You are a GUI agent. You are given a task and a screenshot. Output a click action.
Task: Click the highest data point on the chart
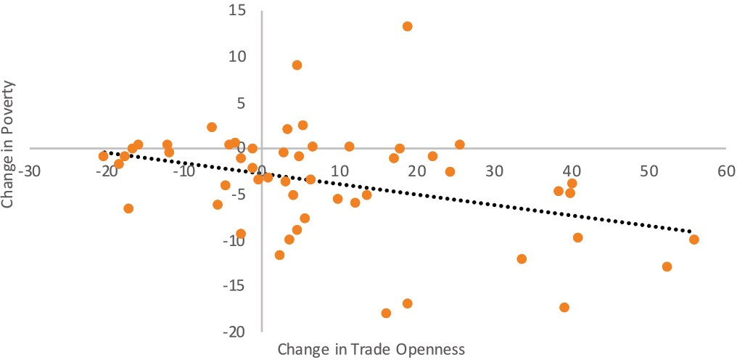pos(407,26)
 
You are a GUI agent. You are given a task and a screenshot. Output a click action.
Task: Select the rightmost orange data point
pos(693,240)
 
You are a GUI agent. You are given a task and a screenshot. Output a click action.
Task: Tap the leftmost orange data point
pos(104,156)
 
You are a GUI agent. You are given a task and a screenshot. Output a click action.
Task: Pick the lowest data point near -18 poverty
pos(386,313)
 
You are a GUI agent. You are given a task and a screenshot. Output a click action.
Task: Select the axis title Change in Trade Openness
pos(370,348)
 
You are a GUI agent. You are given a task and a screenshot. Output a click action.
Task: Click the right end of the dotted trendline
pos(691,232)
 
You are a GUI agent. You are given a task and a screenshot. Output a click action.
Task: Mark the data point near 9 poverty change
pos(297,65)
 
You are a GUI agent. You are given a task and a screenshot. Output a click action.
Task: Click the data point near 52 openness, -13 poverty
pos(667,266)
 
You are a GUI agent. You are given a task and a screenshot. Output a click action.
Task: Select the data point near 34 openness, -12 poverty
pos(521,258)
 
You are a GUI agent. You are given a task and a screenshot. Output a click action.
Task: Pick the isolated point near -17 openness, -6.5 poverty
pos(128,208)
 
